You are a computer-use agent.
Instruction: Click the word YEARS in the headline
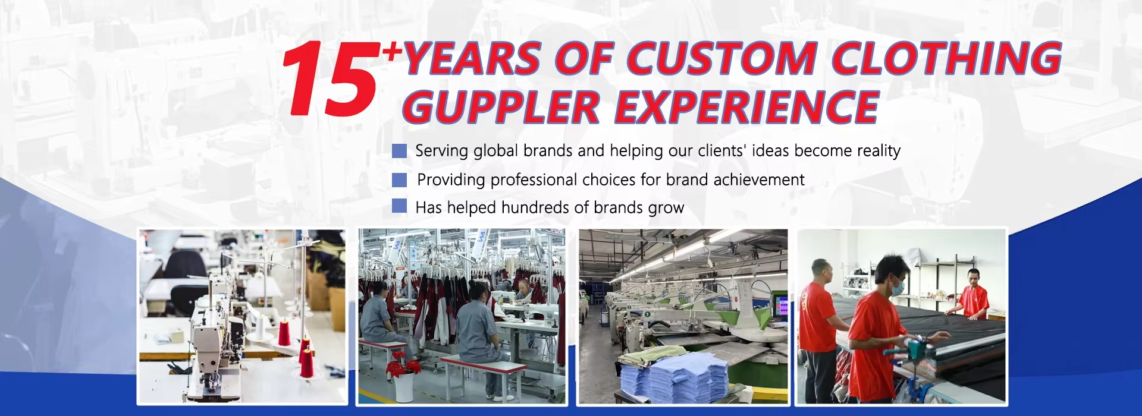click(x=473, y=59)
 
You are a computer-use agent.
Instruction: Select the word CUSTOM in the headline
click(x=721, y=59)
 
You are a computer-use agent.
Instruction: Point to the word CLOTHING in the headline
click(x=946, y=58)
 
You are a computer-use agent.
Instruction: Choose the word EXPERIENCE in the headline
click(x=746, y=108)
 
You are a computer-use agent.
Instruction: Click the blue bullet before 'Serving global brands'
click(x=400, y=151)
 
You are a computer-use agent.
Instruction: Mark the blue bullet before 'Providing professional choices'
click(x=400, y=179)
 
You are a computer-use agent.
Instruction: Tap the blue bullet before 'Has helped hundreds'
click(x=400, y=206)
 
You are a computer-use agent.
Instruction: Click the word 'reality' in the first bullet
click(x=879, y=151)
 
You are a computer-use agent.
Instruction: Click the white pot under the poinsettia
click(x=404, y=387)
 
